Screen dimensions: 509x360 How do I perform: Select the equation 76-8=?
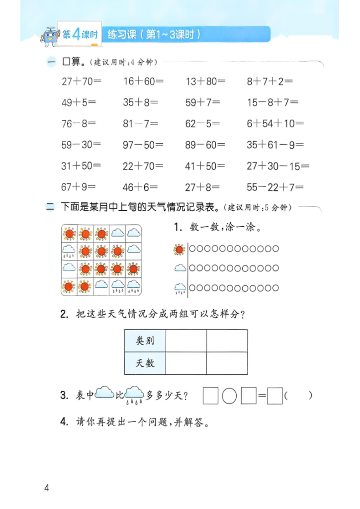pos(79,124)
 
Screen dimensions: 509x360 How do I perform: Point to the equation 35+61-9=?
pos(275,145)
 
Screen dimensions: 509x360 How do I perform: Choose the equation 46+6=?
pos(140,187)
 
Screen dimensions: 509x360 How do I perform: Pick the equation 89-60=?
pos(205,145)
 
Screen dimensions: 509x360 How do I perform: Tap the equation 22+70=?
pos(143,167)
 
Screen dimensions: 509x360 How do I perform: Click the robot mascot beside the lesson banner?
pos(50,35)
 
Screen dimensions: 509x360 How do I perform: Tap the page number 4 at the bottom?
pos(47,488)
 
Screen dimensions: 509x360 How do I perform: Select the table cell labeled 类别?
pos(145,341)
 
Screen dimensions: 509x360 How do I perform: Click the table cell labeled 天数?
pos(145,363)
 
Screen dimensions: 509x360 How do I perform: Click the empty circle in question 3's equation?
pos(229,396)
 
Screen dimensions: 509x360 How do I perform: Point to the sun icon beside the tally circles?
pos(179,249)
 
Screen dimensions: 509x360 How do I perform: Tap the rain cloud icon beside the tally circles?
pos(180,288)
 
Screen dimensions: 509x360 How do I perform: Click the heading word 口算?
pos(73,63)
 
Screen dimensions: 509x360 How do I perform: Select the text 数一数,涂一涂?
pos(225,228)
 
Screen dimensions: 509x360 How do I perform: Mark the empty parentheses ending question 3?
pos(299,396)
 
